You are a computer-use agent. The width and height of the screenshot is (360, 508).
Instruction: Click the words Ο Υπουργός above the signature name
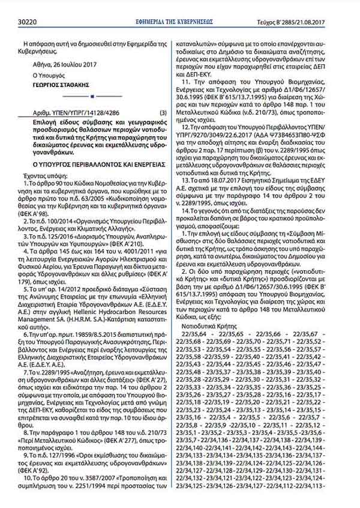[49, 76]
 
